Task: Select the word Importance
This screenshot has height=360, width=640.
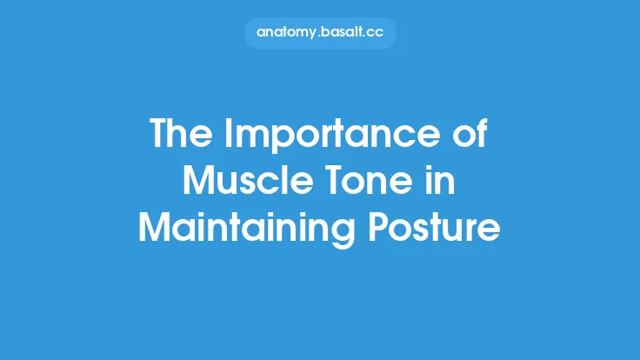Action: tap(334, 137)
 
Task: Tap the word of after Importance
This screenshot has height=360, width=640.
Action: tap(469, 136)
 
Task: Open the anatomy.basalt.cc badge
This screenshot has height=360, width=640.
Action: tap(319, 32)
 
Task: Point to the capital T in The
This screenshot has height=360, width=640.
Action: tap(160, 136)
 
